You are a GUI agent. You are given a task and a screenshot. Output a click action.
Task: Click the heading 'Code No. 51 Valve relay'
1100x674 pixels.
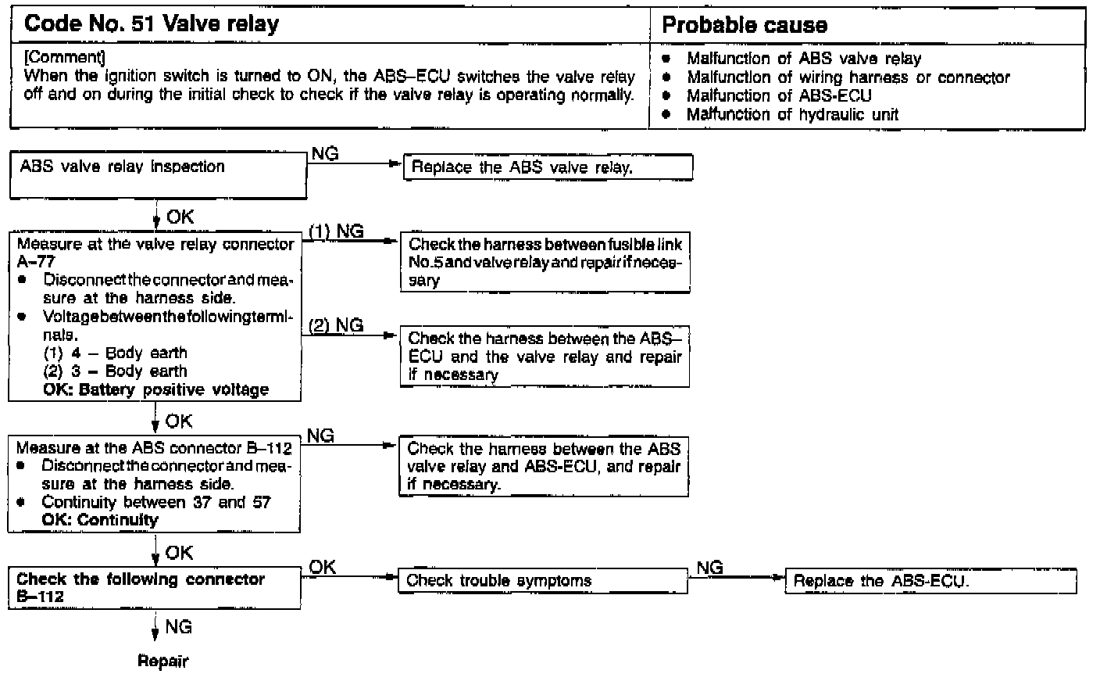point(152,24)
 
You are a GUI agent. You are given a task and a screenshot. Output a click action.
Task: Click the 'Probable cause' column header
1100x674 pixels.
point(744,25)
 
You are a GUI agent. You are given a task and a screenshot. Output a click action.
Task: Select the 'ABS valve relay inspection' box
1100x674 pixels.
point(157,174)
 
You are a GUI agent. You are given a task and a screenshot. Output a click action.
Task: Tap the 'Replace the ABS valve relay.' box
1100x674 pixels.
point(547,167)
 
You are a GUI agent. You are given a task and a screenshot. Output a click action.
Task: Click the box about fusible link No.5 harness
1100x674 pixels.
point(545,262)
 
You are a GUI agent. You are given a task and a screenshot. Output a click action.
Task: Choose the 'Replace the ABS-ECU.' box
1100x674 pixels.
point(930,581)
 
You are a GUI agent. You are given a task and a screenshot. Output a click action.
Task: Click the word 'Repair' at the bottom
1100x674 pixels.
point(162,661)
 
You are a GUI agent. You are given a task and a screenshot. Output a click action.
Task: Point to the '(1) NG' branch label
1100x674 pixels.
point(335,231)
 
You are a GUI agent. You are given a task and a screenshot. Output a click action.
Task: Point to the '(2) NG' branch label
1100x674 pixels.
point(336,325)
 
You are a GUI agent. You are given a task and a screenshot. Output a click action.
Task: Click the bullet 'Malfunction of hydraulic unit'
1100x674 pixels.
point(792,114)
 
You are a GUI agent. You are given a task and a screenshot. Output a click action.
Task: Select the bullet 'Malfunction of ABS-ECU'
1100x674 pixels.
point(779,95)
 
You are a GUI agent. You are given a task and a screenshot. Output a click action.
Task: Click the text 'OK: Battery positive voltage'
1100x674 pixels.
point(155,389)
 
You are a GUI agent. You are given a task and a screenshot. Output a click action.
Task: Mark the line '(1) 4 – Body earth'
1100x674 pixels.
point(115,353)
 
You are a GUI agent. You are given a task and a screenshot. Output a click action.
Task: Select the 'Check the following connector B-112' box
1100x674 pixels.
point(155,587)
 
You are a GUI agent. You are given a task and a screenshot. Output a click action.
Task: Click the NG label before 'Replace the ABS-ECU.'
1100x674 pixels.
point(709,568)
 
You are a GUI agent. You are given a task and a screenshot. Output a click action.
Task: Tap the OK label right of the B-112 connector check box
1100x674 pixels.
point(322,568)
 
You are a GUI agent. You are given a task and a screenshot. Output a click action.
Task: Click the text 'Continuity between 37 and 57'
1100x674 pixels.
point(156,502)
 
